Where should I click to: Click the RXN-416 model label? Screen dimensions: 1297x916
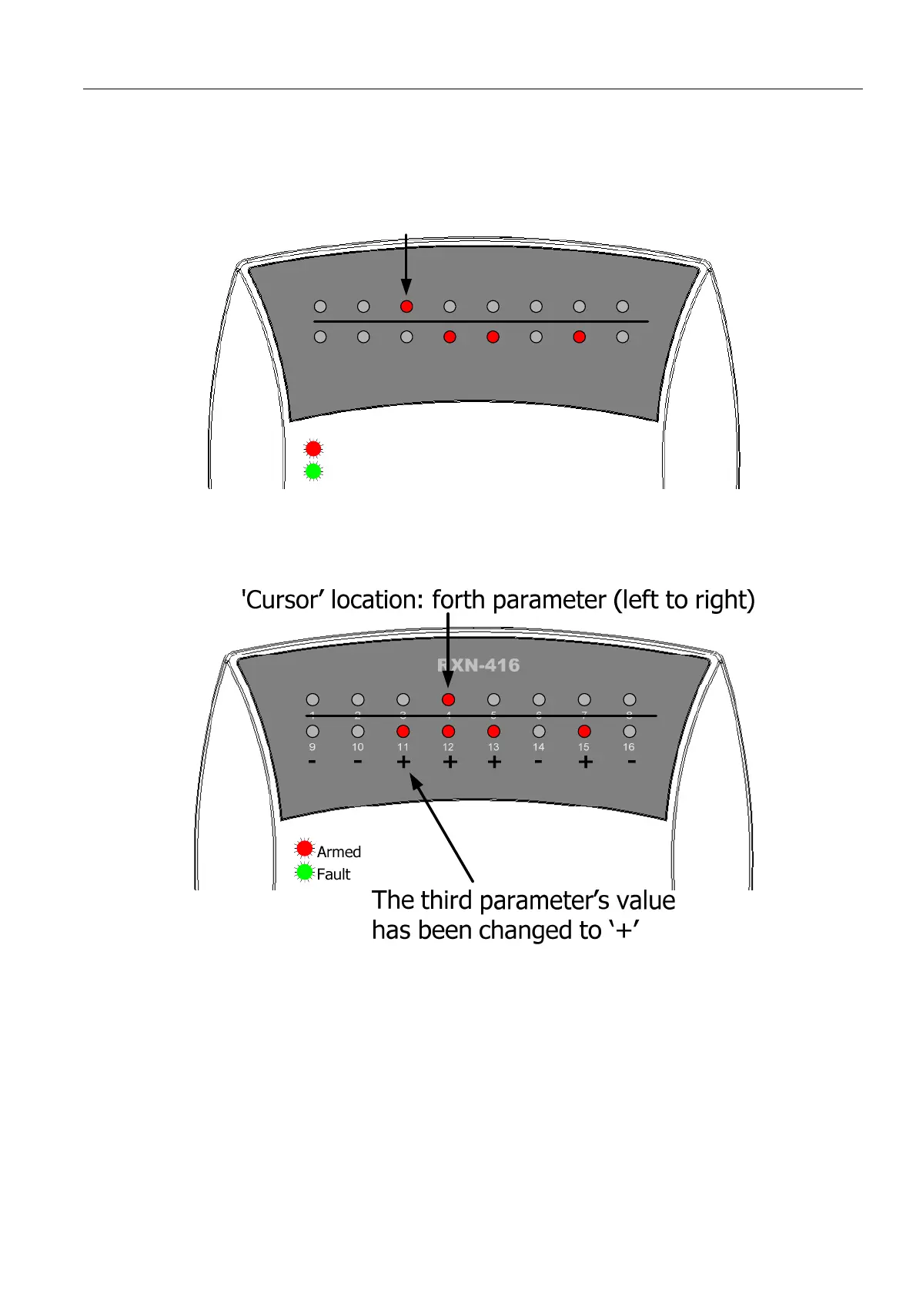click(x=478, y=665)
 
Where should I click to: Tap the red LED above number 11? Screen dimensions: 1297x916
click(x=403, y=731)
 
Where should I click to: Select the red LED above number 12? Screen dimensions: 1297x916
click(x=448, y=731)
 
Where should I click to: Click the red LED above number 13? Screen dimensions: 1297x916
click(x=493, y=731)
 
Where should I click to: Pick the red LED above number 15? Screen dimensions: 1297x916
click(x=584, y=731)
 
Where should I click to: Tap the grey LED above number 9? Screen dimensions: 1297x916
click(x=313, y=731)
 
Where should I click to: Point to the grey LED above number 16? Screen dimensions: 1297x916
click(x=630, y=731)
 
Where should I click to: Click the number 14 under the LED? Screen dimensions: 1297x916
click(x=539, y=747)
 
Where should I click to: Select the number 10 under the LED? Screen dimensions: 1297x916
click(x=358, y=747)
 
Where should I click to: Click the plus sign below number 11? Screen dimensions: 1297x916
click(x=403, y=762)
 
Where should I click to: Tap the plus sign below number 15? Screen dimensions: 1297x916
click(x=585, y=762)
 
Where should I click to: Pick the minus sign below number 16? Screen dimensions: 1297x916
click(x=631, y=762)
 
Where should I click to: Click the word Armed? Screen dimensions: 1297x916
click(x=339, y=852)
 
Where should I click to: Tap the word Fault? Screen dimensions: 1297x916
click(x=333, y=874)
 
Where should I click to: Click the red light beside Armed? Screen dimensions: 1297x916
click(x=305, y=848)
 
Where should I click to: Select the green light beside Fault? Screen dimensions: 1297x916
click(x=305, y=872)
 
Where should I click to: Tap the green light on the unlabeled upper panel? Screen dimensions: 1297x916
click(x=313, y=471)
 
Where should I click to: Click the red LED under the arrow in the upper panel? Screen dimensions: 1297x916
click(x=406, y=307)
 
